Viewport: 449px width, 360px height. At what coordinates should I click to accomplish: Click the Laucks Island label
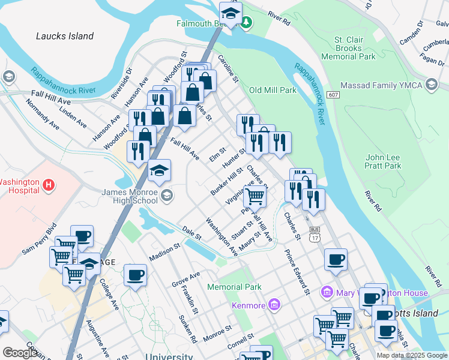(65, 36)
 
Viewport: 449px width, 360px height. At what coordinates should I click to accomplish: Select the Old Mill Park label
(273, 90)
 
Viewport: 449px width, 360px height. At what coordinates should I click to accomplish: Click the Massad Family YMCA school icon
(431, 85)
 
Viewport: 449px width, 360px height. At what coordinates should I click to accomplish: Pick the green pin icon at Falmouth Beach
(247, 23)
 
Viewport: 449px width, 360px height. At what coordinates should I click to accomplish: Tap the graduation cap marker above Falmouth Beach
(230, 13)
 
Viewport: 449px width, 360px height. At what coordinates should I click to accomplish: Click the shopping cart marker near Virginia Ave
(255, 195)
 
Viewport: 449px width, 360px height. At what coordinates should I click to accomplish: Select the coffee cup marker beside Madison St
(134, 275)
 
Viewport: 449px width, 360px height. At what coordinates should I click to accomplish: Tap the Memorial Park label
(234, 287)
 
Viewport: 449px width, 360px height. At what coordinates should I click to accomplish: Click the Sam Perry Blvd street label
(40, 240)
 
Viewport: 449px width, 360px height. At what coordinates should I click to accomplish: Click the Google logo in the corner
(20, 353)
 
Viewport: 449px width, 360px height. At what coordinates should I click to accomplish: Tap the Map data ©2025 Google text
(412, 355)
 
